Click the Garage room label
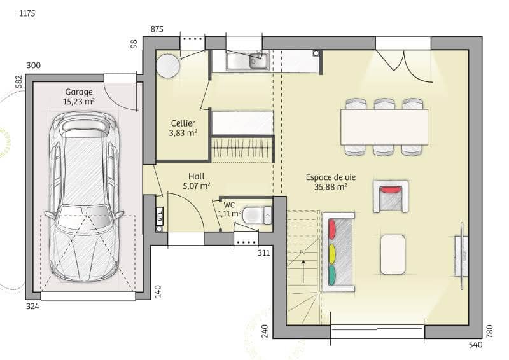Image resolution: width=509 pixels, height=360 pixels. [79, 92]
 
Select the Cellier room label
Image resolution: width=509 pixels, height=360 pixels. [183, 123]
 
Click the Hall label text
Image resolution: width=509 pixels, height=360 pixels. [196, 176]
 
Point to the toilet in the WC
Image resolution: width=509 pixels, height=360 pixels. [257, 214]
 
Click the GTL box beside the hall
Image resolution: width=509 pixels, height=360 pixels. [160, 216]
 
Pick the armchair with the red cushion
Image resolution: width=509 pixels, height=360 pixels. [391, 196]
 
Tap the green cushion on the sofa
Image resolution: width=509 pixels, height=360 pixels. [332, 274]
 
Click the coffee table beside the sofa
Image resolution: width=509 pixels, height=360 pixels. [393, 254]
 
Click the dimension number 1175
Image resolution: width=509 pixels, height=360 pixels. [27, 13]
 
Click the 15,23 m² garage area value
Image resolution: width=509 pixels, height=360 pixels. [79, 101]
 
